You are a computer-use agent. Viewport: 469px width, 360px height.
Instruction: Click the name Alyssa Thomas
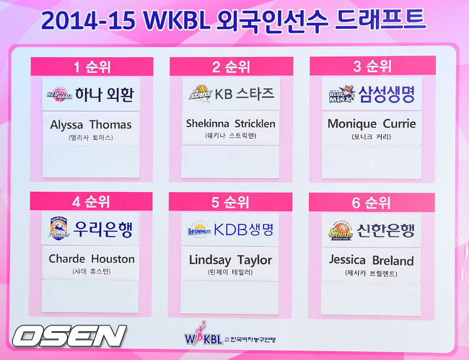pos(91,124)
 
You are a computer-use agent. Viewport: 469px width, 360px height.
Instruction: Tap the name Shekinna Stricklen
pos(231,123)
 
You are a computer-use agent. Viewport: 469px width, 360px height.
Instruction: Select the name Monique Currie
pos(372,123)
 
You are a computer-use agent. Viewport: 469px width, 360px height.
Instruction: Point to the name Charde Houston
pos(92,258)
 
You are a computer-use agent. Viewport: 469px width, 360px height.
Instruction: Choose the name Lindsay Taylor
pos(231,259)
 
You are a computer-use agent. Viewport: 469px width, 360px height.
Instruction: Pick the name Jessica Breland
pos(372,260)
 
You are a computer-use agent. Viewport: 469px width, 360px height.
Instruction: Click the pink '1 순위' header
pos(92,68)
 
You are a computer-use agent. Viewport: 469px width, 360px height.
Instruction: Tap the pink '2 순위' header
pos(231,67)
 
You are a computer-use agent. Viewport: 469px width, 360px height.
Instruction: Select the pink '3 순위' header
pos(372,67)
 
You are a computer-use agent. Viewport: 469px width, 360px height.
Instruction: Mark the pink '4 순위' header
pos(92,202)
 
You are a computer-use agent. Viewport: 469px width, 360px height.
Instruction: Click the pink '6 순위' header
pos(372,203)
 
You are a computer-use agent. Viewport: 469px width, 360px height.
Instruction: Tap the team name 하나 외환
pos(105,95)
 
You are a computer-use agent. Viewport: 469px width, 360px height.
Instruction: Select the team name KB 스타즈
pos(246,95)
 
